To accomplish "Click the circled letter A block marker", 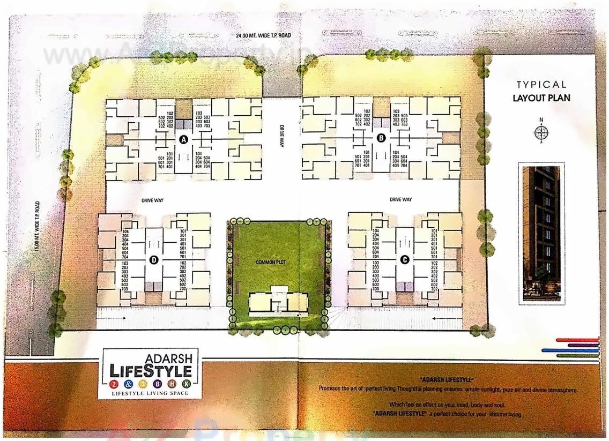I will [184, 139].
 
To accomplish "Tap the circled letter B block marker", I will [381, 138].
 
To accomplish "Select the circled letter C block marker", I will [405, 259].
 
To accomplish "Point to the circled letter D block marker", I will [154, 260].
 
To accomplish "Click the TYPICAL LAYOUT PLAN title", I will [541, 91].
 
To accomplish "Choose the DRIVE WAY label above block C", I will [400, 199].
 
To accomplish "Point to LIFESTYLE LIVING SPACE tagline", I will [149, 394].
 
